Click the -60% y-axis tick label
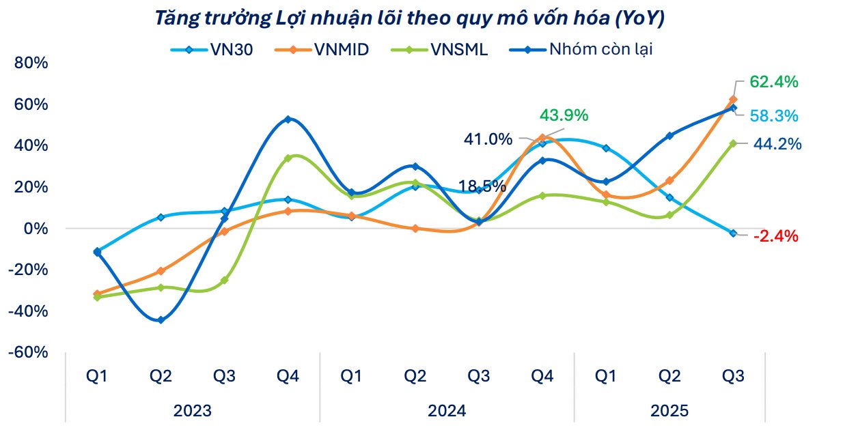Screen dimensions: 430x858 28,352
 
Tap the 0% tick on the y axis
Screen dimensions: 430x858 36,228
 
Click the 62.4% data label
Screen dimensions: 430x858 773,82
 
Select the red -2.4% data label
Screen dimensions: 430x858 775,236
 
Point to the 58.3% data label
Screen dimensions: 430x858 773,116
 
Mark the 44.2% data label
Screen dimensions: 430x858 777,144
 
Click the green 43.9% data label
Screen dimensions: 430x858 564,115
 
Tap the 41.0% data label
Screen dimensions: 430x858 488,139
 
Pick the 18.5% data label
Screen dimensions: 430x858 482,186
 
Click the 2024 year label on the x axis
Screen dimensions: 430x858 447,411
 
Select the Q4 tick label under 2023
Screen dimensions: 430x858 288,375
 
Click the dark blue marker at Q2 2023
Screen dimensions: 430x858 161,320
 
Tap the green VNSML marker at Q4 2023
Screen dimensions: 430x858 288,158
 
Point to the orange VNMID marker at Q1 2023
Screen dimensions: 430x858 97,294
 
